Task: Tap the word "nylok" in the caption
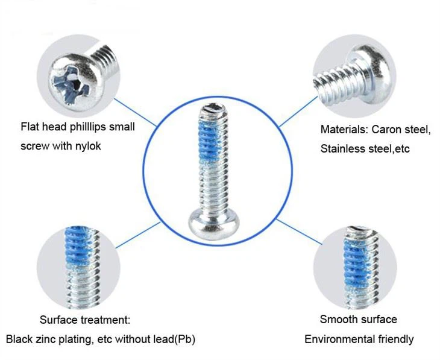(x=89, y=147)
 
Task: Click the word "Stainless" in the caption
(x=342, y=148)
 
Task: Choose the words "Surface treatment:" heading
(x=85, y=320)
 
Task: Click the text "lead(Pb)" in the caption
(x=175, y=339)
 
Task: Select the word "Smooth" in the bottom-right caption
(x=338, y=319)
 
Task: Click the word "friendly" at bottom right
(x=394, y=339)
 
